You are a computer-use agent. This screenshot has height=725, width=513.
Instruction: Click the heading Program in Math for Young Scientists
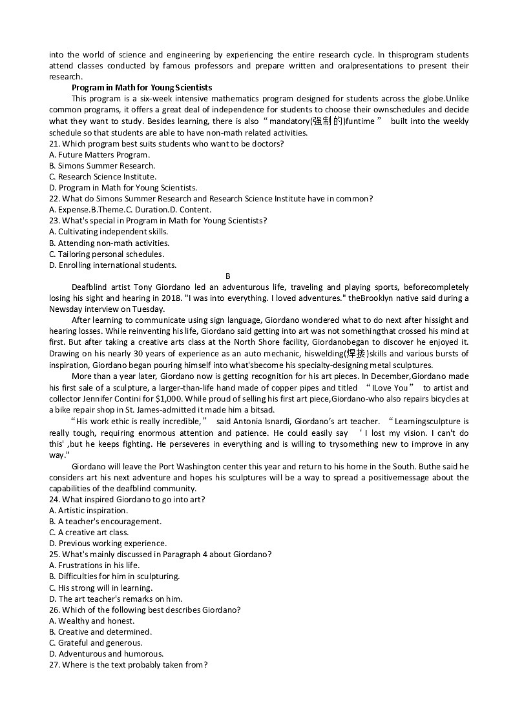pos(141,88)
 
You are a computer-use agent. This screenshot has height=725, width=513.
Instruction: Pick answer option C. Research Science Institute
pos(103,176)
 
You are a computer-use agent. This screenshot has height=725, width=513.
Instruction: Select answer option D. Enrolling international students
pos(112,265)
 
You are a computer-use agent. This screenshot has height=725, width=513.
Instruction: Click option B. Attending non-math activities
pos(109,243)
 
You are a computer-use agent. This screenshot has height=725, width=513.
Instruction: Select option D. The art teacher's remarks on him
pos(116,598)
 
